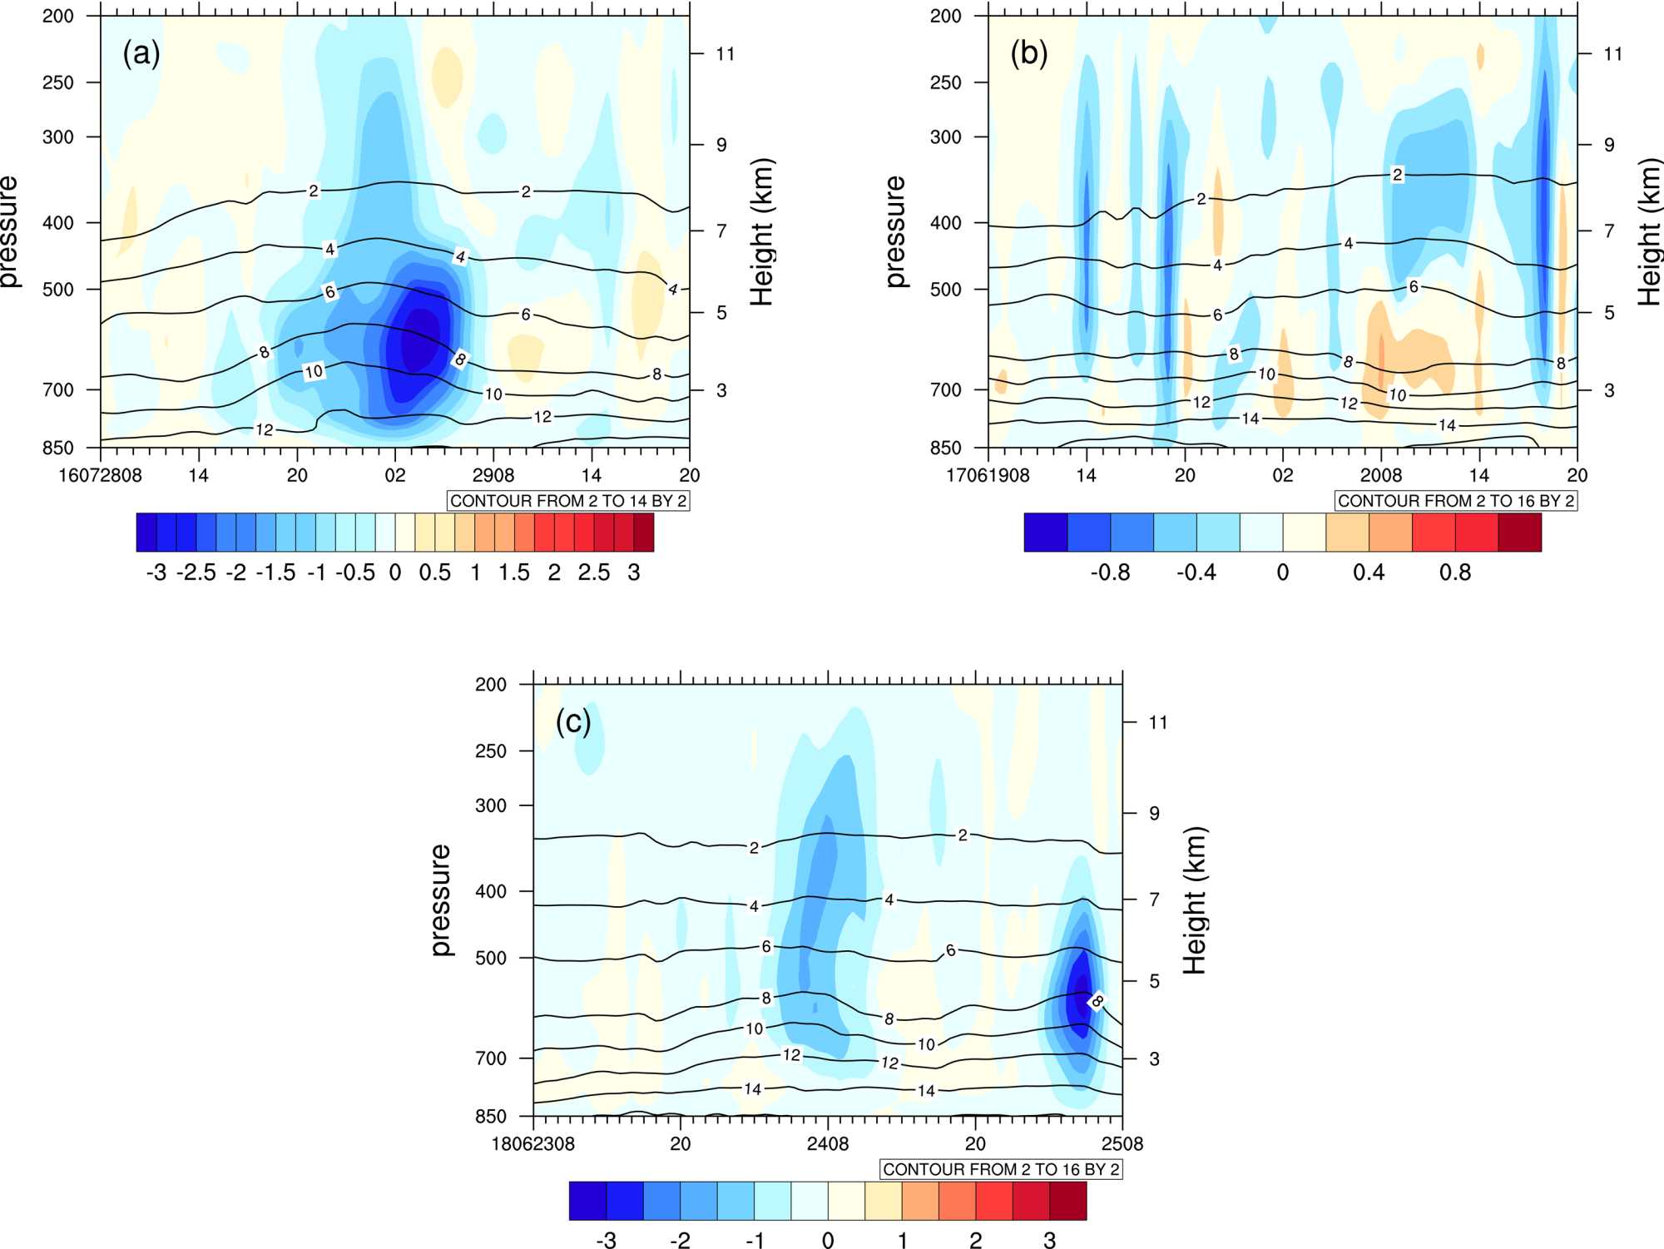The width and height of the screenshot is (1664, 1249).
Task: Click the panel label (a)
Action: tap(141, 54)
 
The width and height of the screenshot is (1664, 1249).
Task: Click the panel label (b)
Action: tap(1028, 54)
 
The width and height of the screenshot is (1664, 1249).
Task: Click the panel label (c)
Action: tap(573, 722)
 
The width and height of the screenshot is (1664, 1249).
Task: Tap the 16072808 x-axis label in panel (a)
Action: tap(100, 475)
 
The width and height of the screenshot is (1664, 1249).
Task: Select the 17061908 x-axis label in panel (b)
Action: tap(988, 475)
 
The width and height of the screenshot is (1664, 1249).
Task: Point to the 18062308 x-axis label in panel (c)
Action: tap(532, 1143)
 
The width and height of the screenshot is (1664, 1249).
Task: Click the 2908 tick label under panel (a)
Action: tap(493, 475)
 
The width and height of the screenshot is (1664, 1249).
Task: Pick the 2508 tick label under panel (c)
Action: tap(1122, 1143)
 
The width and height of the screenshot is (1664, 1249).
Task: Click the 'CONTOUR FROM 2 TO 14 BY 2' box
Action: tap(568, 501)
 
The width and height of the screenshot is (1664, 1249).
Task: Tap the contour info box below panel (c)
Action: tap(1001, 1169)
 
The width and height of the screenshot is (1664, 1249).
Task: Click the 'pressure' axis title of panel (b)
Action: tap(895, 231)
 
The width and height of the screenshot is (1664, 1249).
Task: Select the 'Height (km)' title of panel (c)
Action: tap(1194, 900)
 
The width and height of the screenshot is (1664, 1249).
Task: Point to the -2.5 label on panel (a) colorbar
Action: tap(196, 572)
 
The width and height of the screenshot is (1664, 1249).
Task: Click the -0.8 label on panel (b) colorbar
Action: tap(1110, 572)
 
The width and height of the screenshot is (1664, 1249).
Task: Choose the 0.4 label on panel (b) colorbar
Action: tap(1369, 572)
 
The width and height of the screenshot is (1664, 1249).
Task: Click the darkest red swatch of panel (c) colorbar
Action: tap(1067, 1201)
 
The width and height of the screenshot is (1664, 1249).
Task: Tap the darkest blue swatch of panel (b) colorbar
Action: tap(1046, 533)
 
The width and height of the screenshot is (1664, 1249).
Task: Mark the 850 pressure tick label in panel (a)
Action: tap(58, 448)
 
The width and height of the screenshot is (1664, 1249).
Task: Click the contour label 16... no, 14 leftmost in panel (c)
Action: tap(752, 1088)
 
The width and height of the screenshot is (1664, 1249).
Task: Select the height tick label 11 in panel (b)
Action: tap(1613, 54)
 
